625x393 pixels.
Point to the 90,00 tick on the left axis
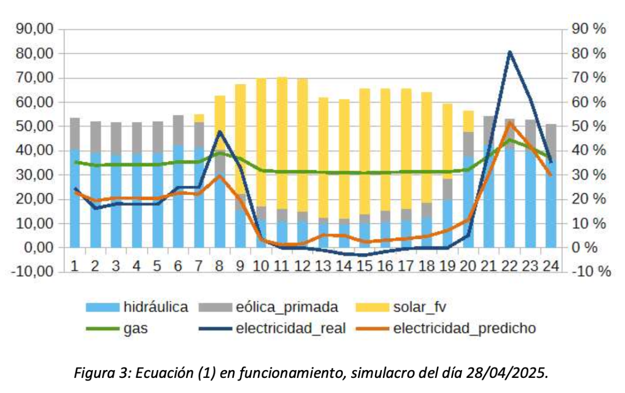click(39, 29)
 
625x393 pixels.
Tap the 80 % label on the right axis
click(589, 54)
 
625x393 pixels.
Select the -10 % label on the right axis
click(589, 271)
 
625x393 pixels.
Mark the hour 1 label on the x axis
click(74, 266)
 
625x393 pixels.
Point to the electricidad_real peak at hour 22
click(509, 52)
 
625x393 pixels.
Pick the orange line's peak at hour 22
click(510, 123)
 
